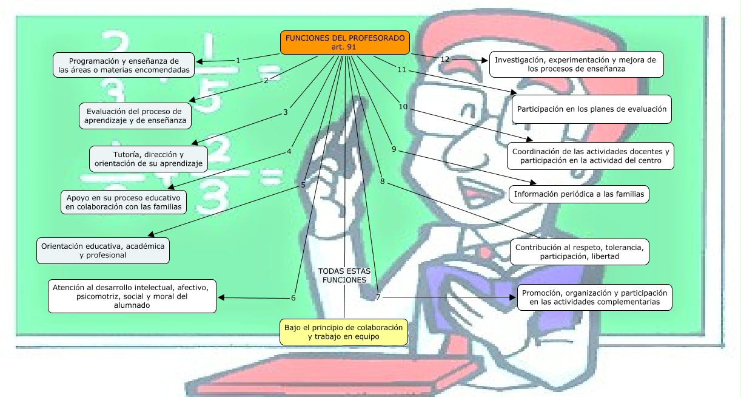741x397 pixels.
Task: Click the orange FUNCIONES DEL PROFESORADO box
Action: (344, 42)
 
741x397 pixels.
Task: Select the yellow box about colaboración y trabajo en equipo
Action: (343, 331)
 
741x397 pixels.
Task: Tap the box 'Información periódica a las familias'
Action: (579, 194)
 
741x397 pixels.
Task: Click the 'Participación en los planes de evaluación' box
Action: (575, 109)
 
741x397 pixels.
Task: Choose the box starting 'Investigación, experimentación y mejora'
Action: (576, 64)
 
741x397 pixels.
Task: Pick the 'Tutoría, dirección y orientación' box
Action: (149, 159)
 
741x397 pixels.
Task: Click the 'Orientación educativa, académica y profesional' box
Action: (103, 251)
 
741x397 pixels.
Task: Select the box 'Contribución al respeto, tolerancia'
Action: (579, 252)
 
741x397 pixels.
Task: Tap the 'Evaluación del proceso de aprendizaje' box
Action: (135, 116)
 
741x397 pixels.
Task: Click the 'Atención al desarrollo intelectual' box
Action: (132, 296)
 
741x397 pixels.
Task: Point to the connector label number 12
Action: (445, 59)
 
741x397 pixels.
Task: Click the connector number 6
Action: (293, 298)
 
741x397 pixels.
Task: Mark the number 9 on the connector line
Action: (394, 149)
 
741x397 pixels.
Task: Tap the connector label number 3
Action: (285, 112)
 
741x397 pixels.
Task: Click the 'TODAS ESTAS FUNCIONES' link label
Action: (344, 276)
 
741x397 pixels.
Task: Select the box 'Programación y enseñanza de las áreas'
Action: (124, 65)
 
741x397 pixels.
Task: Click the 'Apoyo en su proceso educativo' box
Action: (124, 202)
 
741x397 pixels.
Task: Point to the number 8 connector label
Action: (382, 181)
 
